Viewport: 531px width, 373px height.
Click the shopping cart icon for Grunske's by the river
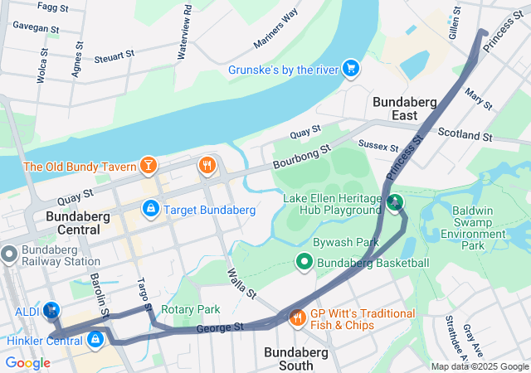[x=351, y=68]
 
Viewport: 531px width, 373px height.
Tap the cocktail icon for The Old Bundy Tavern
[x=148, y=167]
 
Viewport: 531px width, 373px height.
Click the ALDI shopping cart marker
[x=51, y=310]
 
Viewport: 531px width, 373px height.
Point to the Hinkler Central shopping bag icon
[x=96, y=339]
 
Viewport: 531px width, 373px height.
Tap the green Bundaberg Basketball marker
[x=304, y=264]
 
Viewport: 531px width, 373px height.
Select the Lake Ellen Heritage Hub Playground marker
[x=395, y=201]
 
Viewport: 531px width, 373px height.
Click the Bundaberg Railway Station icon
[x=9, y=254]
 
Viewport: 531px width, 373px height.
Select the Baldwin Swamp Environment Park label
[x=485, y=228]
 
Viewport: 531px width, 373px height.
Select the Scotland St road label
[x=465, y=133]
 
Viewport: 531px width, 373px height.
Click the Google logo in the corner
[x=27, y=362]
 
